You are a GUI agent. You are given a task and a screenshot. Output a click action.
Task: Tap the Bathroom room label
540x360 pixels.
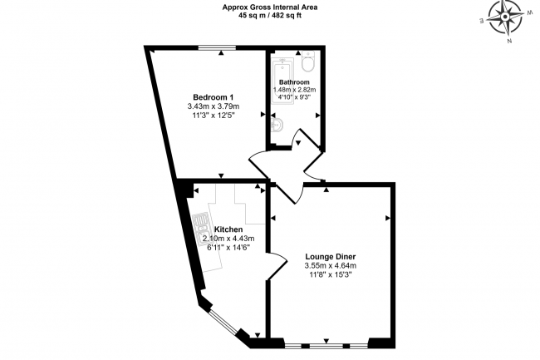294,82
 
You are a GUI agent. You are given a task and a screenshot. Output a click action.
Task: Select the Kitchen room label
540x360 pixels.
228,229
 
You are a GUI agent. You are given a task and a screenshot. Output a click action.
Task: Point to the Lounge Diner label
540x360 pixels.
331,257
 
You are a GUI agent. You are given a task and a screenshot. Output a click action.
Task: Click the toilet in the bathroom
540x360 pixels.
308,62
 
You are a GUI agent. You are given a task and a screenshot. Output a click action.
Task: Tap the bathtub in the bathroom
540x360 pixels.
282,81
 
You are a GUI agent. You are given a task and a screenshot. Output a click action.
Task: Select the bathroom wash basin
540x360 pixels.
277,124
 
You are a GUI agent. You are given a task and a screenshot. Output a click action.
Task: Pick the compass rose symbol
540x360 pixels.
505,17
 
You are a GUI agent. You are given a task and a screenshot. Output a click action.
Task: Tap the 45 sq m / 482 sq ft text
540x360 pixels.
270,16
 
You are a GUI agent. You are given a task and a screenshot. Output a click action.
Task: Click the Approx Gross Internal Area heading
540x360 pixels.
270,7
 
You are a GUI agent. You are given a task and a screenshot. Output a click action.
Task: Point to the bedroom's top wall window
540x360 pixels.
217,48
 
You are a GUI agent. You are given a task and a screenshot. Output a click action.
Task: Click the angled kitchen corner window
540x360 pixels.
223,322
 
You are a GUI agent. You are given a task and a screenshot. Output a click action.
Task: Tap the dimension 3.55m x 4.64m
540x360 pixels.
331,266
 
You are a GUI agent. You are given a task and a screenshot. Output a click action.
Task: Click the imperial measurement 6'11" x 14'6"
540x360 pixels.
228,248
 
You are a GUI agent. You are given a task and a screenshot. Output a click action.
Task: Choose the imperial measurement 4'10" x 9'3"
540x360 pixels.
294,97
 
